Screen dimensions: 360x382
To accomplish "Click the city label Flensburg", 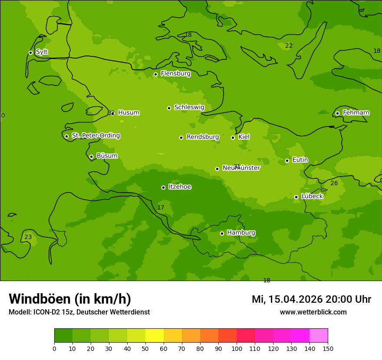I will point(175,74).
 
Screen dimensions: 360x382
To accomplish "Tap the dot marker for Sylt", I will point(30,52).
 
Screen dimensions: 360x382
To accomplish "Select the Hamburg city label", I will point(241,233).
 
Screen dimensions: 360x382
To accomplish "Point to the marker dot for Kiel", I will point(233,137).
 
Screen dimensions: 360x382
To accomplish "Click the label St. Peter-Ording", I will point(95,136).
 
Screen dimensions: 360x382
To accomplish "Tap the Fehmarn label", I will point(356,113).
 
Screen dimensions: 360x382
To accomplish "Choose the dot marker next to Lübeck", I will point(296,197).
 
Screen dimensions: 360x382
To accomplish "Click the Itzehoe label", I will point(180,187).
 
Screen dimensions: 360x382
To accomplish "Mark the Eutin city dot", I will point(287,160).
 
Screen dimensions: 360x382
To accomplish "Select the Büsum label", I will point(107,156).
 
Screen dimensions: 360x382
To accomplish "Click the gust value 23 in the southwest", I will point(28,237).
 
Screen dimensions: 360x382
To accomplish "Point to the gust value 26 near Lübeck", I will point(334,183).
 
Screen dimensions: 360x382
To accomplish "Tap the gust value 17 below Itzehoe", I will point(161,208).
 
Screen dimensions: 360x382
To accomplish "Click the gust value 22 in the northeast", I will point(289,46).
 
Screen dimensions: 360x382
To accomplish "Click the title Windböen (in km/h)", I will point(70,299).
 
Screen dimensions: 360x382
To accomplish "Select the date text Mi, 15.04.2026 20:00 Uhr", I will point(311,299).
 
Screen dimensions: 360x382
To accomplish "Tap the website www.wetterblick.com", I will point(313,312).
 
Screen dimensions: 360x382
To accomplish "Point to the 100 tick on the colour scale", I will point(237,349).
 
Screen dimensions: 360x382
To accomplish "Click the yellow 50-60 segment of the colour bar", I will point(154,336).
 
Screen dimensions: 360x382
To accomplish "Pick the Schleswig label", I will point(189,107).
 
